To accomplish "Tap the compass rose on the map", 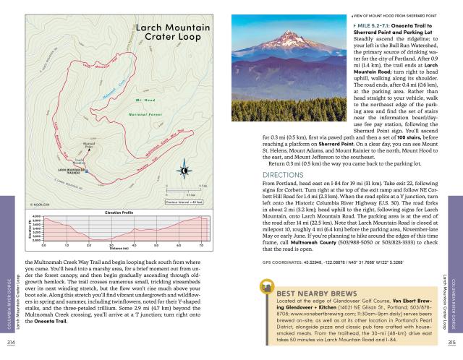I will tap(184, 171).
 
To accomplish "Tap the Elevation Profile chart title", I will tap(121, 212).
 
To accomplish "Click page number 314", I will tap(11, 342).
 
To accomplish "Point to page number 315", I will tap(451, 342).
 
